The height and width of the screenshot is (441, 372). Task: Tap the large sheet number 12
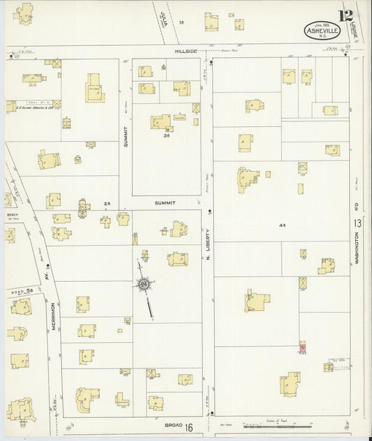[344, 15]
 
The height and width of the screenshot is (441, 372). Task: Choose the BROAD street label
[174, 424]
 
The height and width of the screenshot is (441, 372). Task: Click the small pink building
[302, 347]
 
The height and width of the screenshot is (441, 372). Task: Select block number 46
[283, 225]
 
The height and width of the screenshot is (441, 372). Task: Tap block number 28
[107, 203]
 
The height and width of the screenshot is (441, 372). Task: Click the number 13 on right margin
[357, 223]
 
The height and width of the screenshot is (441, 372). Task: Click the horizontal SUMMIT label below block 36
[165, 203]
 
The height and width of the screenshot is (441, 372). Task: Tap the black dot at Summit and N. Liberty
[210, 210]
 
